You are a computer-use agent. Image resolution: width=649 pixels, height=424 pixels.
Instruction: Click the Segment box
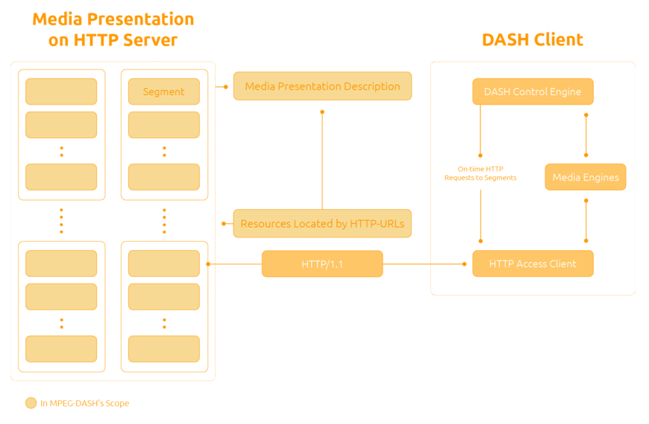tap(163, 92)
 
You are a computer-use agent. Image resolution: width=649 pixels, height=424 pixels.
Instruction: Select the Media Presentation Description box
tap(322, 87)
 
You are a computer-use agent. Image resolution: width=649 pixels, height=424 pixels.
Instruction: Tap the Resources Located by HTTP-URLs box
tap(322, 224)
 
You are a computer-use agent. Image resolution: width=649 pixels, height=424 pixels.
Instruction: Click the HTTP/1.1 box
tap(322, 264)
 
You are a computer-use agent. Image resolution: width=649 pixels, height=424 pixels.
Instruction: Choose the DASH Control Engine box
tap(533, 92)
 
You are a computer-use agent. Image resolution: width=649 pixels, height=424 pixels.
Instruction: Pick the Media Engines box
tap(586, 178)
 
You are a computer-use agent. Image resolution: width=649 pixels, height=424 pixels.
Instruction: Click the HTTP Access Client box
tap(533, 264)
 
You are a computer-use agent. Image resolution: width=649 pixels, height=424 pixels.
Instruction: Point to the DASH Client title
tap(533, 40)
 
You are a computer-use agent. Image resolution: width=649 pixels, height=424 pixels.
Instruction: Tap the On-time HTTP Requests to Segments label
tap(480, 173)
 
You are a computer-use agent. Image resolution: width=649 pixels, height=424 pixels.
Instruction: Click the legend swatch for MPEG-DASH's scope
tap(31, 403)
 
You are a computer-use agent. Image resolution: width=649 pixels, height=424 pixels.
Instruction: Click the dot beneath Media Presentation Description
tap(322, 112)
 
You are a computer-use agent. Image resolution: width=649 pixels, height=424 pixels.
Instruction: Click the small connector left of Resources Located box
tap(225, 224)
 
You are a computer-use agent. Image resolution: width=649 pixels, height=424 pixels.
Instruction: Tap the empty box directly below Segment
tap(163, 125)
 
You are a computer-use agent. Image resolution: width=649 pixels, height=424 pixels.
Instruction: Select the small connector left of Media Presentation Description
tap(222, 87)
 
